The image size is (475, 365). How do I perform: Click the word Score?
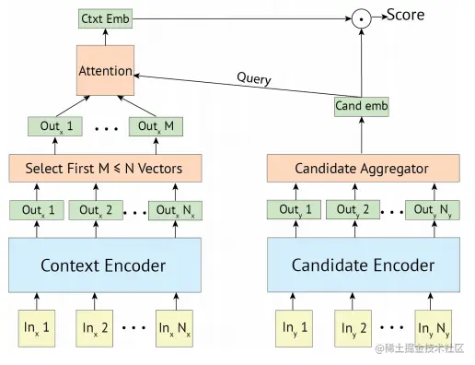(405, 14)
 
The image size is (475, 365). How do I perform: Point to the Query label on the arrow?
(254, 79)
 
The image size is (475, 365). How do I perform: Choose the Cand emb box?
(361, 107)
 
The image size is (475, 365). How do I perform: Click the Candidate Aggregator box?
(361, 169)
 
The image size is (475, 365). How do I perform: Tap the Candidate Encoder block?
(361, 265)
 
